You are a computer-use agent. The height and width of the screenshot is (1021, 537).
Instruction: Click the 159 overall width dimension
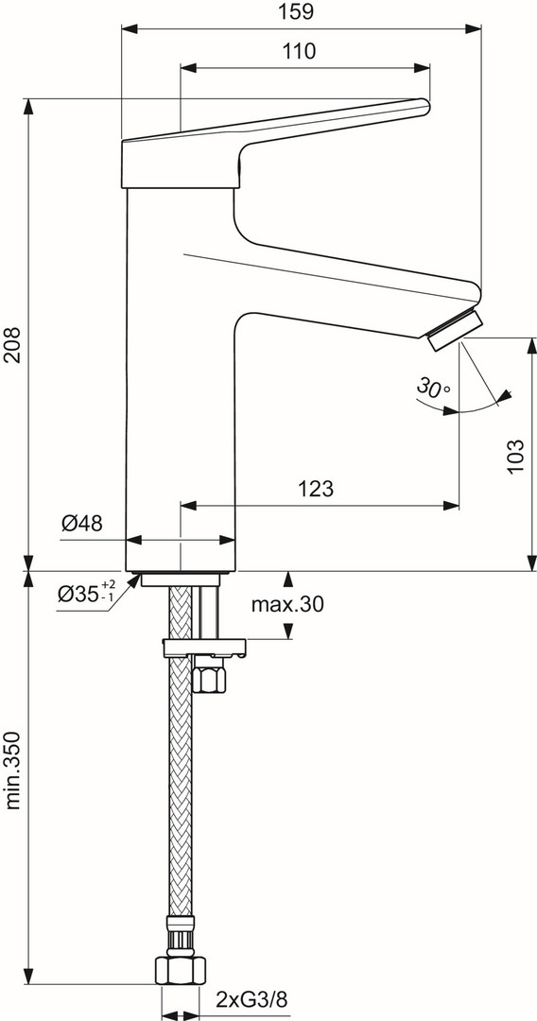300,11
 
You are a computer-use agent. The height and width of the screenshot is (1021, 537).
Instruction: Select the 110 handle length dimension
300,51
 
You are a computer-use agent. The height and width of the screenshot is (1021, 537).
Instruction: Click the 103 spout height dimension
514,457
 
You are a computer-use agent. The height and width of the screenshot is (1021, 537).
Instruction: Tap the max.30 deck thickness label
287,605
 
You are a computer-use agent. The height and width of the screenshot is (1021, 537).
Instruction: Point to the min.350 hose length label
12,770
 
